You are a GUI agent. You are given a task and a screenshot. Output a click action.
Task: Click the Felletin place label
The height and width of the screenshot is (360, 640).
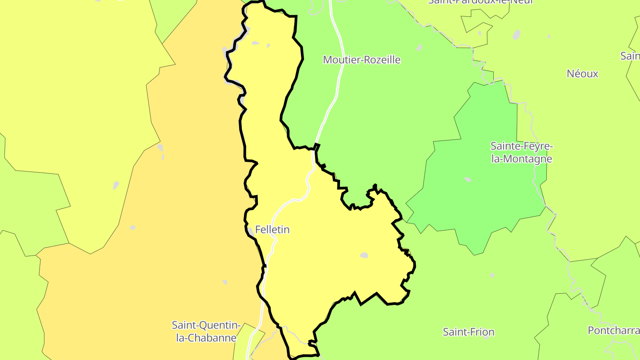[x=272, y=230]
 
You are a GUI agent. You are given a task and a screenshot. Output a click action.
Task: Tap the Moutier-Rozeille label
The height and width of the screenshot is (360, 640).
[x=361, y=60]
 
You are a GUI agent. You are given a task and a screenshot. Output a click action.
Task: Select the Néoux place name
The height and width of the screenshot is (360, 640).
[x=582, y=74]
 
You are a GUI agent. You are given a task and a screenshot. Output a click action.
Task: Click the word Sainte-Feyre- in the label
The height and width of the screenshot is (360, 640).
[x=521, y=146]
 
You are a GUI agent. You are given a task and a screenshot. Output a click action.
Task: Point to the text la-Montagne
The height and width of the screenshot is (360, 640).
[x=521, y=159]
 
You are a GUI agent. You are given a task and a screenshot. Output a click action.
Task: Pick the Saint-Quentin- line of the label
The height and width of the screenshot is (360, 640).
[x=206, y=325]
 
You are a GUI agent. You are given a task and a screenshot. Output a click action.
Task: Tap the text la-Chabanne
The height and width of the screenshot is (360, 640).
[x=206, y=338]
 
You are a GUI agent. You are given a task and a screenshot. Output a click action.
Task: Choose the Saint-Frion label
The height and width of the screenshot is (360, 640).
[x=468, y=332]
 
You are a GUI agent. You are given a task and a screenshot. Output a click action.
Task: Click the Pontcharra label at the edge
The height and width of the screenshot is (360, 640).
[x=613, y=330]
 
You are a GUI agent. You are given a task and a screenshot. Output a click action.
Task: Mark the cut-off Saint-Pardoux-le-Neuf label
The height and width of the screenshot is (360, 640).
[x=480, y=2]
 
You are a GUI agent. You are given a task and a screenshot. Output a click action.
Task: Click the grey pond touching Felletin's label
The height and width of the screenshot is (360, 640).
[x=251, y=231]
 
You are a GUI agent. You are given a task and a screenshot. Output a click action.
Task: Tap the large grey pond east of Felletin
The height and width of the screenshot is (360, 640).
[x=364, y=256]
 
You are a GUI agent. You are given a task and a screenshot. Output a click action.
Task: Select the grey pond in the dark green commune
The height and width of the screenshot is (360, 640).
[x=468, y=180]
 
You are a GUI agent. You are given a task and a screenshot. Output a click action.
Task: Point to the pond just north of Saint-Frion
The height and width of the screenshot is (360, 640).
[x=492, y=275]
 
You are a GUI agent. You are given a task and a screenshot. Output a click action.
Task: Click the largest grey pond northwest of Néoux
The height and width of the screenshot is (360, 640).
[x=516, y=35]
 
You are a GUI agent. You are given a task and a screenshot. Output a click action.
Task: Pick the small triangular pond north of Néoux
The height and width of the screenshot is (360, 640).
[x=549, y=36]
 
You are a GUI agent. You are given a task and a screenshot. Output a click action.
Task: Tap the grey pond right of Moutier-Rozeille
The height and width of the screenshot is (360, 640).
[x=420, y=47]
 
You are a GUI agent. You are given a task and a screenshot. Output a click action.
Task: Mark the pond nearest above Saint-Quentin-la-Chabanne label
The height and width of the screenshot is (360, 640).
[x=225, y=282]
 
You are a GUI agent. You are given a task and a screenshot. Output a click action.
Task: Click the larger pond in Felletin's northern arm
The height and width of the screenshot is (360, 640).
[x=255, y=43]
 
